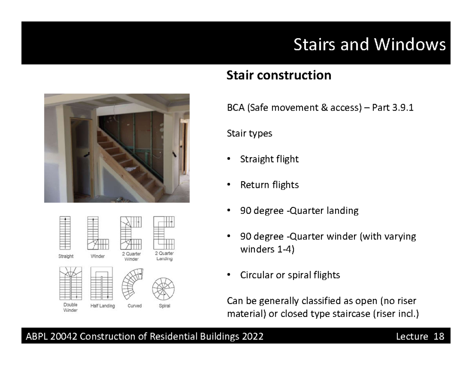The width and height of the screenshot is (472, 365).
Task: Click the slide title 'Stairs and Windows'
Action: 369,45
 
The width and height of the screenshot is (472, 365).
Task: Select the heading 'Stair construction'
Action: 278,75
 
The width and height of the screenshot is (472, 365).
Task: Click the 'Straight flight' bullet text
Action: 269,159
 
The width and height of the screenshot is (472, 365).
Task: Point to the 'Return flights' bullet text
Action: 269,185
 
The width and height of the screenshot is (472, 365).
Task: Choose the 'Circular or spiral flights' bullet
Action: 290,275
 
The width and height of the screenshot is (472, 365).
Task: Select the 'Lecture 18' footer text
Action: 420,336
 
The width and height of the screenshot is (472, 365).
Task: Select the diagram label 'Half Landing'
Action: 102,306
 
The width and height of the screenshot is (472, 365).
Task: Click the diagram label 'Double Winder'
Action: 70,307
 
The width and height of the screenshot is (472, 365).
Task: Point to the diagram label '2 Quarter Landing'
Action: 164,256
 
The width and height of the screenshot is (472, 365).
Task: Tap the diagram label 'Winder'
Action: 98,256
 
